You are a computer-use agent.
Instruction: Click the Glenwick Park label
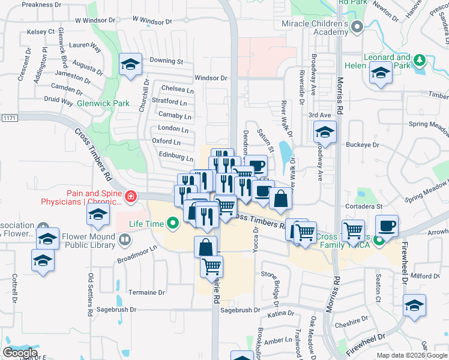(x=108, y=103)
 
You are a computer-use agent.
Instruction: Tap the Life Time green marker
(x=173, y=224)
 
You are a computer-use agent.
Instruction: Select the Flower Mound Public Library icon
(x=125, y=241)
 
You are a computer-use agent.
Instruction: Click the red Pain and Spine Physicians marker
(x=130, y=196)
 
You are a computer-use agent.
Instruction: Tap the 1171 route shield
(x=8, y=118)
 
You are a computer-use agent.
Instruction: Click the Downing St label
(x=166, y=61)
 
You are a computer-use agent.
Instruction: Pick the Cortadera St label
(x=363, y=206)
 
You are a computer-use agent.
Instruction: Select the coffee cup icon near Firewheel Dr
(x=387, y=226)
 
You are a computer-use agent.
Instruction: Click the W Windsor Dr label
(x=152, y=20)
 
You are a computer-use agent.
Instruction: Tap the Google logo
(x=20, y=353)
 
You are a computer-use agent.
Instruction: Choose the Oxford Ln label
(x=166, y=142)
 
